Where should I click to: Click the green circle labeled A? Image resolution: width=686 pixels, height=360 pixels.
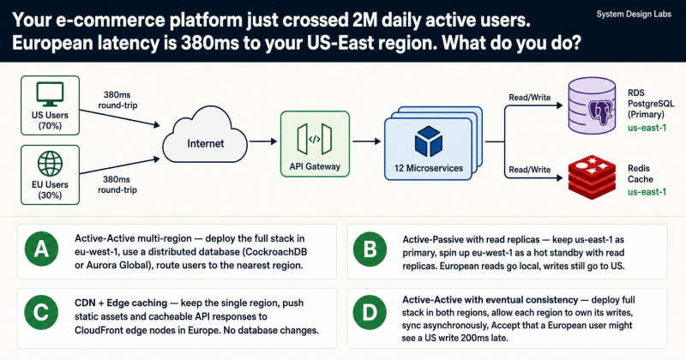(41, 249)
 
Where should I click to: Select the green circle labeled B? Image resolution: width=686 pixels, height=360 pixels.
(370, 249)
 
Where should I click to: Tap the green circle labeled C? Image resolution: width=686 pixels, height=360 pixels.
(41, 312)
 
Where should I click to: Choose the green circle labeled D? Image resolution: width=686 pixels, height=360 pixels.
(370, 312)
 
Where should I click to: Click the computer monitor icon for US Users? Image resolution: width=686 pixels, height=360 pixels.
(50, 94)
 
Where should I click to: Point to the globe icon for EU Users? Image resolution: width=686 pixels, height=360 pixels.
(50, 164)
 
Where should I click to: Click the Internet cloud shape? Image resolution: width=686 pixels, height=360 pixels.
(205, 135)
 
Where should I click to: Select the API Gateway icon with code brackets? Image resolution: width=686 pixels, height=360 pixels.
(315, 139)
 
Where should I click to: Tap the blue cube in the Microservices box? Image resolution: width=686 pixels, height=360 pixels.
(428, 141)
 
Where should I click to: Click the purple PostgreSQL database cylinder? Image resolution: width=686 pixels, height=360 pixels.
(592, 105)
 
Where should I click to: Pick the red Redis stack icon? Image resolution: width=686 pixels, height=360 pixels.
(592, 177)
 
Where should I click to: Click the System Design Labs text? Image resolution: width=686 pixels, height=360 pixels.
(634, 15)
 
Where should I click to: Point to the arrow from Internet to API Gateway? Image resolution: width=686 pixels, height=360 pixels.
(263, 141)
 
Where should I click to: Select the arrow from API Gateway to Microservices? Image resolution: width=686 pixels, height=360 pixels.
(367, 141)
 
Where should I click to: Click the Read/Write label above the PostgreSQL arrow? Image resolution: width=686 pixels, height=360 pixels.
(529, 98)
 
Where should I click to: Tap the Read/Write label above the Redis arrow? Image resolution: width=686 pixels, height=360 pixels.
(529, 170)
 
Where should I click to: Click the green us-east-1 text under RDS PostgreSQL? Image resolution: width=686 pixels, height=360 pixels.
(647, 128)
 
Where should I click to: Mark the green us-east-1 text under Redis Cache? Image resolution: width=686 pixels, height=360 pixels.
(647, 192)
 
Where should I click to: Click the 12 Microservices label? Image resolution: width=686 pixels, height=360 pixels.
(428, 168)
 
